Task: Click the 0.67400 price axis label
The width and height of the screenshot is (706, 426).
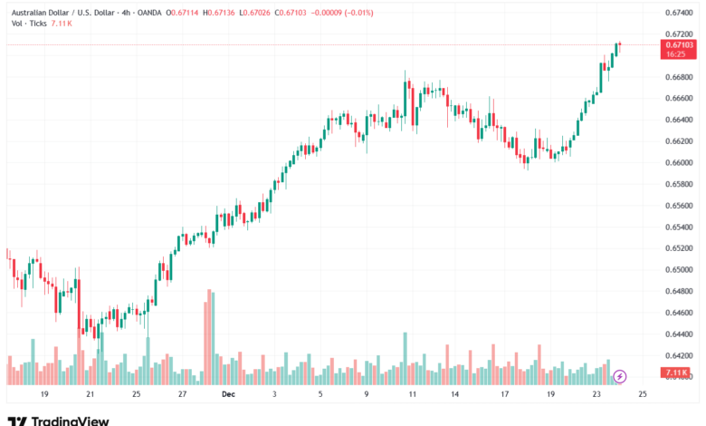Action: (679, 12)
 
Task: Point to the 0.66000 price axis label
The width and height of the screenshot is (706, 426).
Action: (679, 163)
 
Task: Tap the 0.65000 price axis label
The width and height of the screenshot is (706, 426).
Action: (679, 270)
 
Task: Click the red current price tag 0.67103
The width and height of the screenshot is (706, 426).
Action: (679, 44)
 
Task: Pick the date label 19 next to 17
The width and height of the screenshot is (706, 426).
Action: (550, 395)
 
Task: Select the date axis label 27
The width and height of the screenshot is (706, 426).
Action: (182, 395)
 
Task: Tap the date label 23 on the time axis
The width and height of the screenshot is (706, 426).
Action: (596, 395)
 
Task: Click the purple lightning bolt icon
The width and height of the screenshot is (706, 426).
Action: (620, 374)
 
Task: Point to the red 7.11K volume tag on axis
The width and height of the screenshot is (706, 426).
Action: (678, 373)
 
